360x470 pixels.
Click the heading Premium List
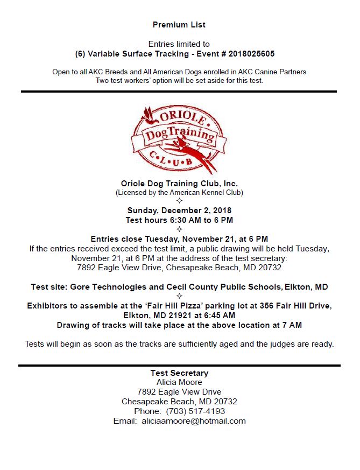[179, 25]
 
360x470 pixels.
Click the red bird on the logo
[146, 115]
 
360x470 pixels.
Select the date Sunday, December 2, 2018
[179, 211]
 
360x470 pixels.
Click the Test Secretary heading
[179, 373]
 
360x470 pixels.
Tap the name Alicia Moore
[179, 382]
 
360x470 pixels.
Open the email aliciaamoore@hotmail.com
[194, 421]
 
